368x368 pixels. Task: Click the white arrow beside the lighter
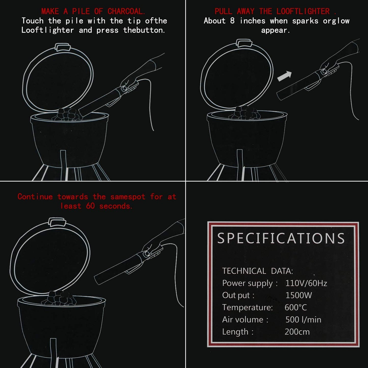285,76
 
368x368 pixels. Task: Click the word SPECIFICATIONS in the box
281,238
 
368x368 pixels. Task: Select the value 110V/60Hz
306,283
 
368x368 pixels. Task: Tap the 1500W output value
298,295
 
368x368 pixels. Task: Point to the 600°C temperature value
296,307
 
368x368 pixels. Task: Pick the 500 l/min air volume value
303,320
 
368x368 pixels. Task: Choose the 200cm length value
297,332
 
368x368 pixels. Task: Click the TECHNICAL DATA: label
257,271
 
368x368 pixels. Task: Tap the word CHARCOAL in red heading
126,11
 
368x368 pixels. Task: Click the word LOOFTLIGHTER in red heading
303,11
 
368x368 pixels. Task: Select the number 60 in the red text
90,206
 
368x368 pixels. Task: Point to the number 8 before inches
232,21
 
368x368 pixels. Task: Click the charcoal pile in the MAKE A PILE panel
68,114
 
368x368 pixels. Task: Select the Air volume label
245,320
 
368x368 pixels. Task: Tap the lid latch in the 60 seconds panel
57,222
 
